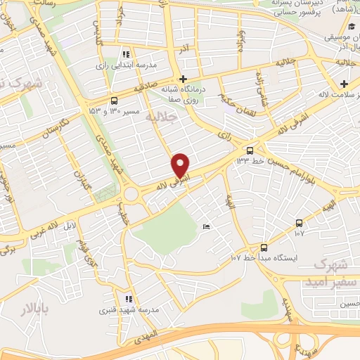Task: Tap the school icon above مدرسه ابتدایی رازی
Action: click(x=126, y=53)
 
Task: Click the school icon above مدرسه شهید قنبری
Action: click(x=128, y=299)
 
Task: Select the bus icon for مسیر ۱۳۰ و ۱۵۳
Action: click(x=114, y=101)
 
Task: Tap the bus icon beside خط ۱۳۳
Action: click(x=250, y=150)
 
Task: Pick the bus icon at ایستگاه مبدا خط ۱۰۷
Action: click(x=264, y=247)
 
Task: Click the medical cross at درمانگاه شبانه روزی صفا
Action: click(x=184, y=79)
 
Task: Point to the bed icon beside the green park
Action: click(x=205, y=226)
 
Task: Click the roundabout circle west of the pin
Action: click(x=131, y=193)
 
